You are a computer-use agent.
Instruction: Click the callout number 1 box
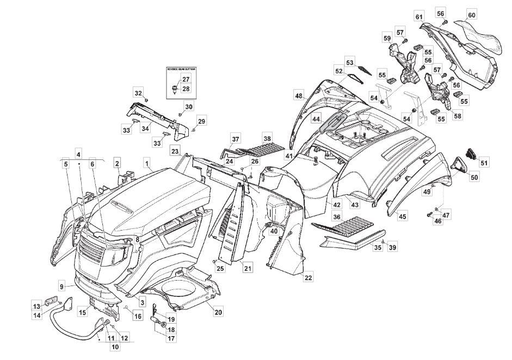point(147,162)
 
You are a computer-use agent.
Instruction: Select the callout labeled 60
point(471,15)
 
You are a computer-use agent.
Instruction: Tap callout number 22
point(308,278)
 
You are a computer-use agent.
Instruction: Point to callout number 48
point(299,96)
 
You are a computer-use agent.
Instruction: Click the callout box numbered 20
point(218,312)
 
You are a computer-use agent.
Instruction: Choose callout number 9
point(62,285)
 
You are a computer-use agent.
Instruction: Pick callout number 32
point(138,92)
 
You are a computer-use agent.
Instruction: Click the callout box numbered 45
point(403,217)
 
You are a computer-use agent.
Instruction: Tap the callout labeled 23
point(175,151)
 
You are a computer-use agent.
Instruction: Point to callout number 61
point(419,17)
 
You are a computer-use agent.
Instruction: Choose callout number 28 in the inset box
point(186,89)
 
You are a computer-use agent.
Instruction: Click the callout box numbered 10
point(115,346)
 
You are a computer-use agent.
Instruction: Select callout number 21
point(248,268)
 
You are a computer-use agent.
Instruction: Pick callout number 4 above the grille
point(78,154)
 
